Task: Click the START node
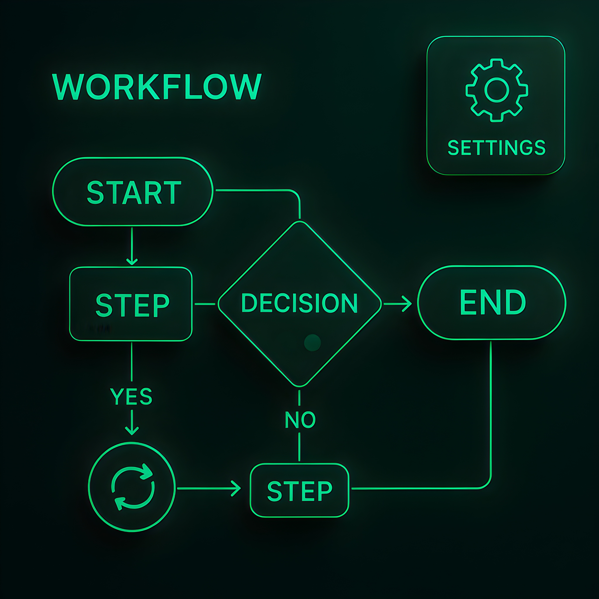point(133,192)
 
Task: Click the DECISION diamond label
point(299,303)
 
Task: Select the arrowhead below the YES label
point(132,431)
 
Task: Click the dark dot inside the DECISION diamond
point(312,343)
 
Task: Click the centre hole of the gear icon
point(497,90)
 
